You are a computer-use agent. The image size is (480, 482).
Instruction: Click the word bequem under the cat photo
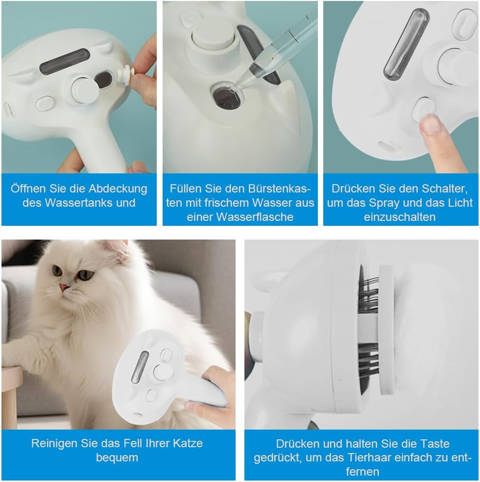pyautogui.click(x=118, y=458)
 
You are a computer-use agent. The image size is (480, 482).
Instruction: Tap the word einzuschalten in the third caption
pyautogui.click(x=400, y=217)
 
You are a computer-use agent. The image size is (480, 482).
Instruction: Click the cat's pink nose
pyautogui.click(x=63, y=287)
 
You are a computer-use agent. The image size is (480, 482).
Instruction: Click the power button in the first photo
pyautogui.click(x=44, y=104)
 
